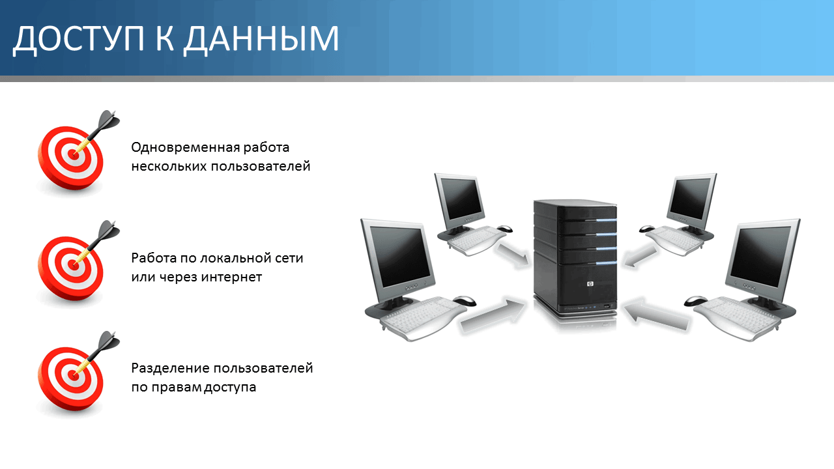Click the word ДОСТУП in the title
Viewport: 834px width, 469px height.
78,39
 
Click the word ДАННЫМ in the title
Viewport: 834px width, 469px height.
261,39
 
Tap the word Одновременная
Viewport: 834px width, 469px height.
185,148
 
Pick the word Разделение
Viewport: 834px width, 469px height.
170,369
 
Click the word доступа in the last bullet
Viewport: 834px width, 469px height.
230,388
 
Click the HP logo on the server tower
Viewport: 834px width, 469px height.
590,285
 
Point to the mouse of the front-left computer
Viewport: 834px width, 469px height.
464,301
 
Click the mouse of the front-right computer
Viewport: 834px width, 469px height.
696,301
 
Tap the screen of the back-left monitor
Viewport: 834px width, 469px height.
460,198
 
